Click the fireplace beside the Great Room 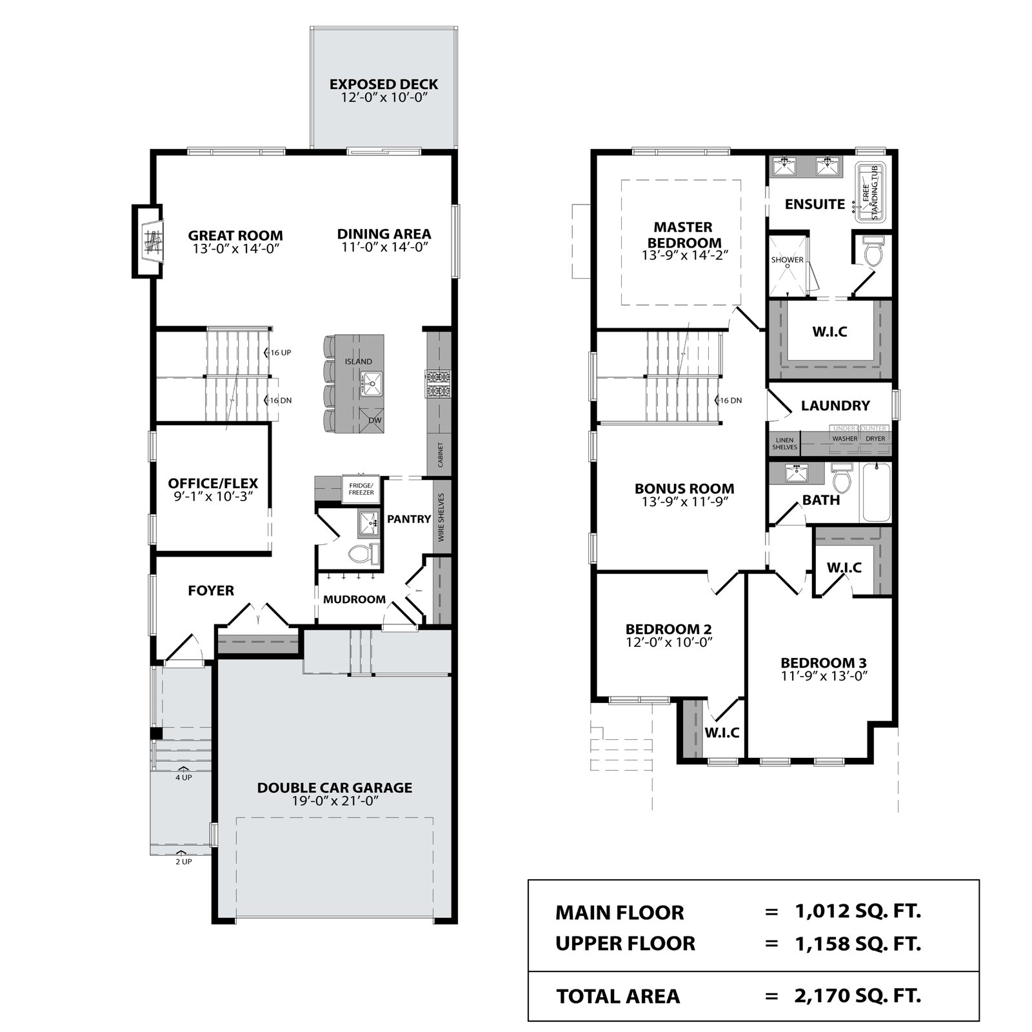[147, 241]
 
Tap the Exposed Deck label [384, 84]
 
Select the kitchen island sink [371, 384]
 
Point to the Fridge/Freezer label [361, 488]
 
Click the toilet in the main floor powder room [362, 552]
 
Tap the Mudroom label [354, 599]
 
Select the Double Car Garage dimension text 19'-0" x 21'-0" [335, 800]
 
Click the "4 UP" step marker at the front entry [183, 777]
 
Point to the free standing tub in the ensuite [871, 192]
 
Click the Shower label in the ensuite [788, 260]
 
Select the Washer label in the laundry [845, 439]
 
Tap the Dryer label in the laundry [875, 439]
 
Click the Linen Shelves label [785, 444]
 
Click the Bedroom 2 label [669, 629]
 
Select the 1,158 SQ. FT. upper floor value [858, 943]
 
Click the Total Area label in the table [618, 996]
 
